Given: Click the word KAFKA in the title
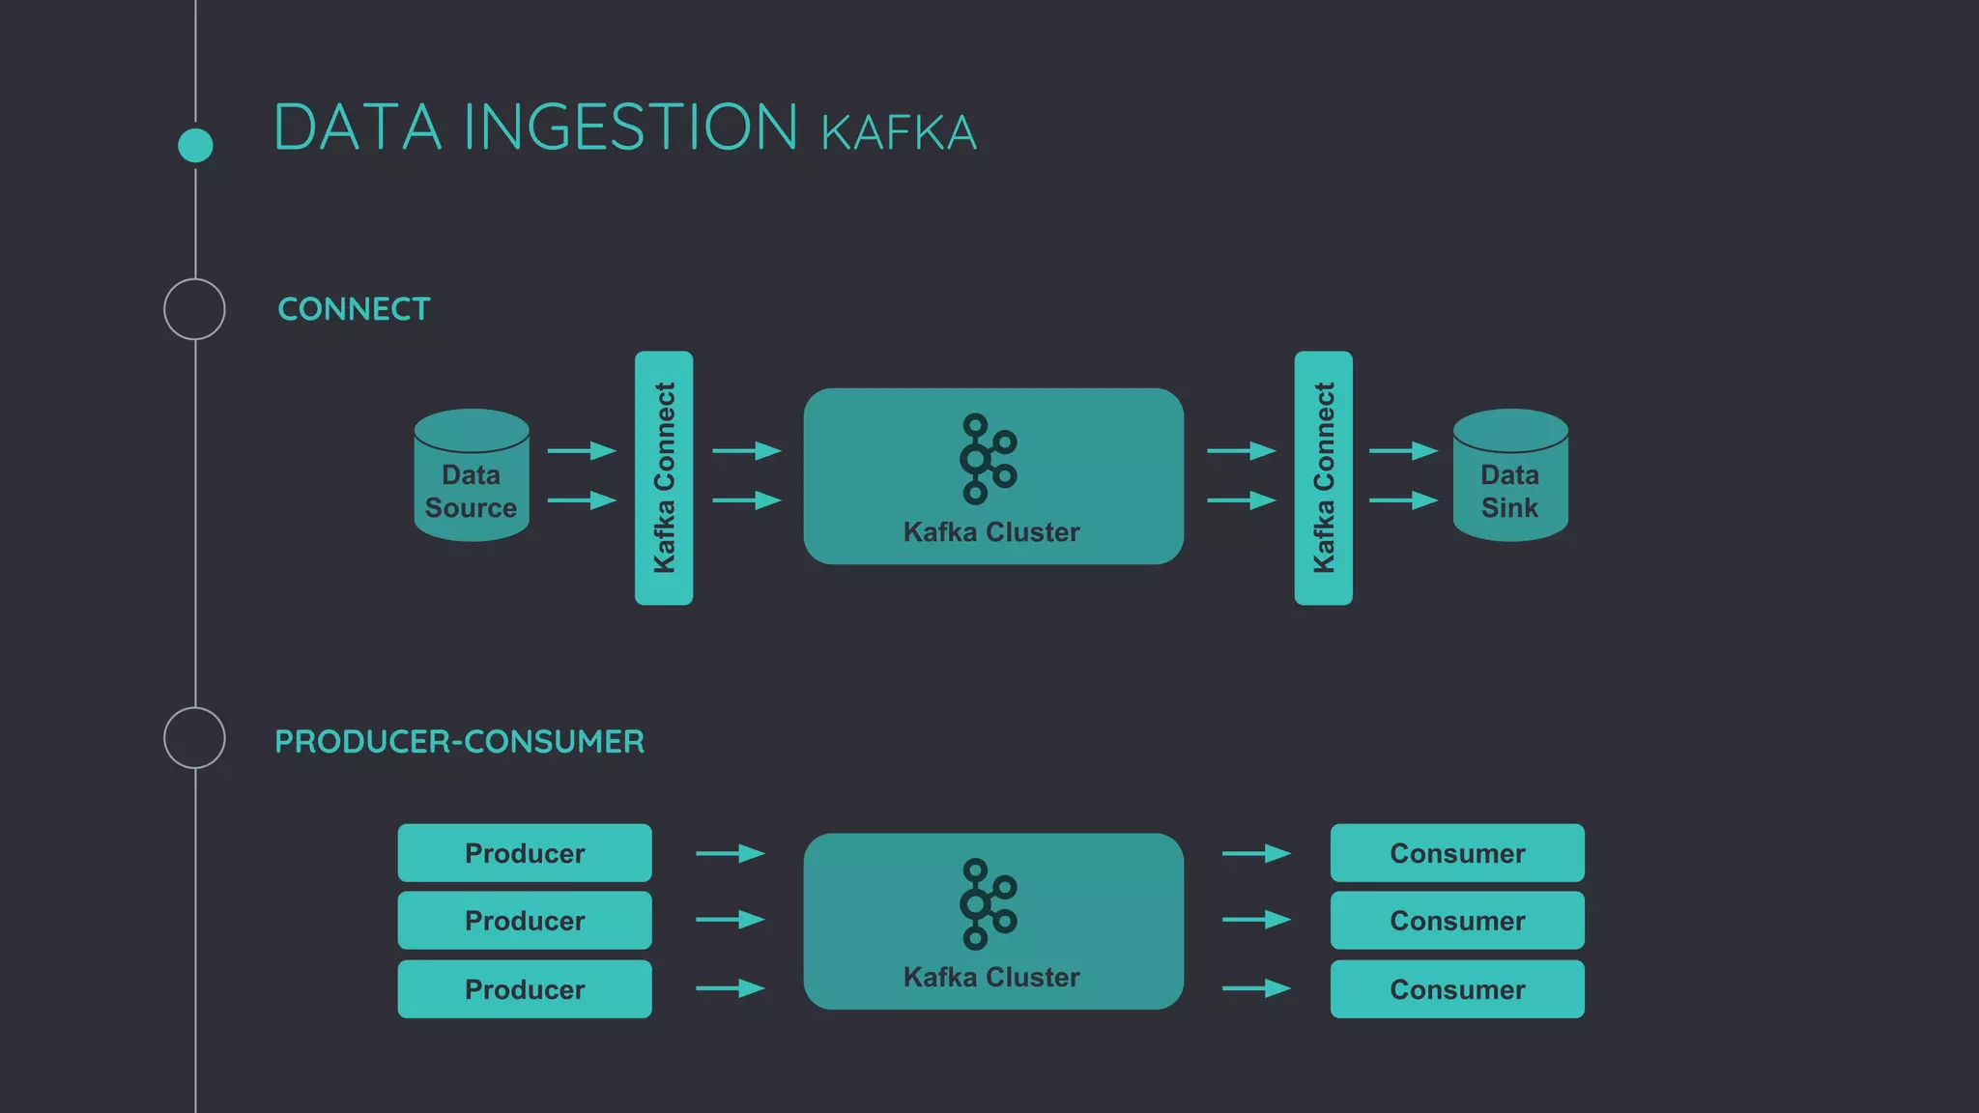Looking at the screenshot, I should (x=899, y=133).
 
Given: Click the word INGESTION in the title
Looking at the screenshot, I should (x=630, y=128).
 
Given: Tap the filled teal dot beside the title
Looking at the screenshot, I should (x=195, y=145).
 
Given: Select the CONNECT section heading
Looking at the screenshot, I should (x=354, y=309).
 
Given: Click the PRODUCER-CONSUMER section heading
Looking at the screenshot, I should (x=459, y=742).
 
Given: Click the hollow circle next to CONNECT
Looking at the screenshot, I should (x=194, y=309).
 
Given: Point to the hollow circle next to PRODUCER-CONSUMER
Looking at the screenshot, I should (x=194, y=738).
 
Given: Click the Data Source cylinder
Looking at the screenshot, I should (x=472, y=475).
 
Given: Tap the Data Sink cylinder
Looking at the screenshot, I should (x=1510, y=475).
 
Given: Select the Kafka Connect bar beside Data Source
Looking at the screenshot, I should (x=664, y=478).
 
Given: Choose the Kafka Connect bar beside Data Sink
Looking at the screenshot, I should (x=1323, y=478).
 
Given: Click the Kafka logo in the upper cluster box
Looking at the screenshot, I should (x=988, y=458).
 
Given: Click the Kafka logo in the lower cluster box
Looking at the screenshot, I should (x=988, y=903).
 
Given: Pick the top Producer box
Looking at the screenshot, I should (x=525, y=853).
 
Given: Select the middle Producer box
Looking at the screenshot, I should (x=525, y=921).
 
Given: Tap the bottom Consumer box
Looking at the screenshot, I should (x=1457, y=989).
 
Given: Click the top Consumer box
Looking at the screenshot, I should (x=1457, y=853).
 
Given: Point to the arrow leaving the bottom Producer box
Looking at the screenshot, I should (x=731, y=988).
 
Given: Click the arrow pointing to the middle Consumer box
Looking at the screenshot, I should (x=1256, y=920).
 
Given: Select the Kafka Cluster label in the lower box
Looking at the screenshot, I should (x=991, y=977).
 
